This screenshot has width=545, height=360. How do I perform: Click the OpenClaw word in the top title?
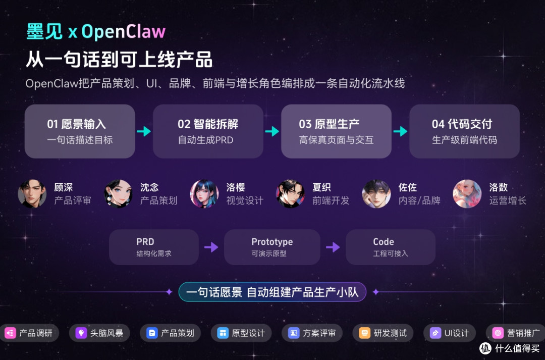124,32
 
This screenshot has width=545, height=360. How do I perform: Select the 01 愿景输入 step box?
80,131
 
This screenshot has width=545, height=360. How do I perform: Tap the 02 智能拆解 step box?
208,131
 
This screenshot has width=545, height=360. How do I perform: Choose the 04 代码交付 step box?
464,131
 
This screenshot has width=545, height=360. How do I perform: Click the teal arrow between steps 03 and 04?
400,131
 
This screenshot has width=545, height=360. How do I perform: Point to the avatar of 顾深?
32,194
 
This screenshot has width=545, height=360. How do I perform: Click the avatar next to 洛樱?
204,194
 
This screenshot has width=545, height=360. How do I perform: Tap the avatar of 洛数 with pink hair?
467,194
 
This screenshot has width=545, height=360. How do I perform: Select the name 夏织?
321,187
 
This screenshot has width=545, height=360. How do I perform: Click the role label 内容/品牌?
419,200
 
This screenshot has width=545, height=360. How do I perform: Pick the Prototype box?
272,247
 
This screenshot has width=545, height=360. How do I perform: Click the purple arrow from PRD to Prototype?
211,247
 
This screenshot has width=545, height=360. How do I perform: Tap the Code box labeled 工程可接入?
390,247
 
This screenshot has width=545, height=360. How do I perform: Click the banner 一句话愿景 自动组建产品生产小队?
272,292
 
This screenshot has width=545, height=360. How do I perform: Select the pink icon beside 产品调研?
11,333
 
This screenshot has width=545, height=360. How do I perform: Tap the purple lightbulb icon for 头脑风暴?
81,333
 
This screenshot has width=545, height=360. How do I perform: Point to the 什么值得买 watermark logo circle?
485,348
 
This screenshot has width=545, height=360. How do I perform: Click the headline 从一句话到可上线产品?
119,60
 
